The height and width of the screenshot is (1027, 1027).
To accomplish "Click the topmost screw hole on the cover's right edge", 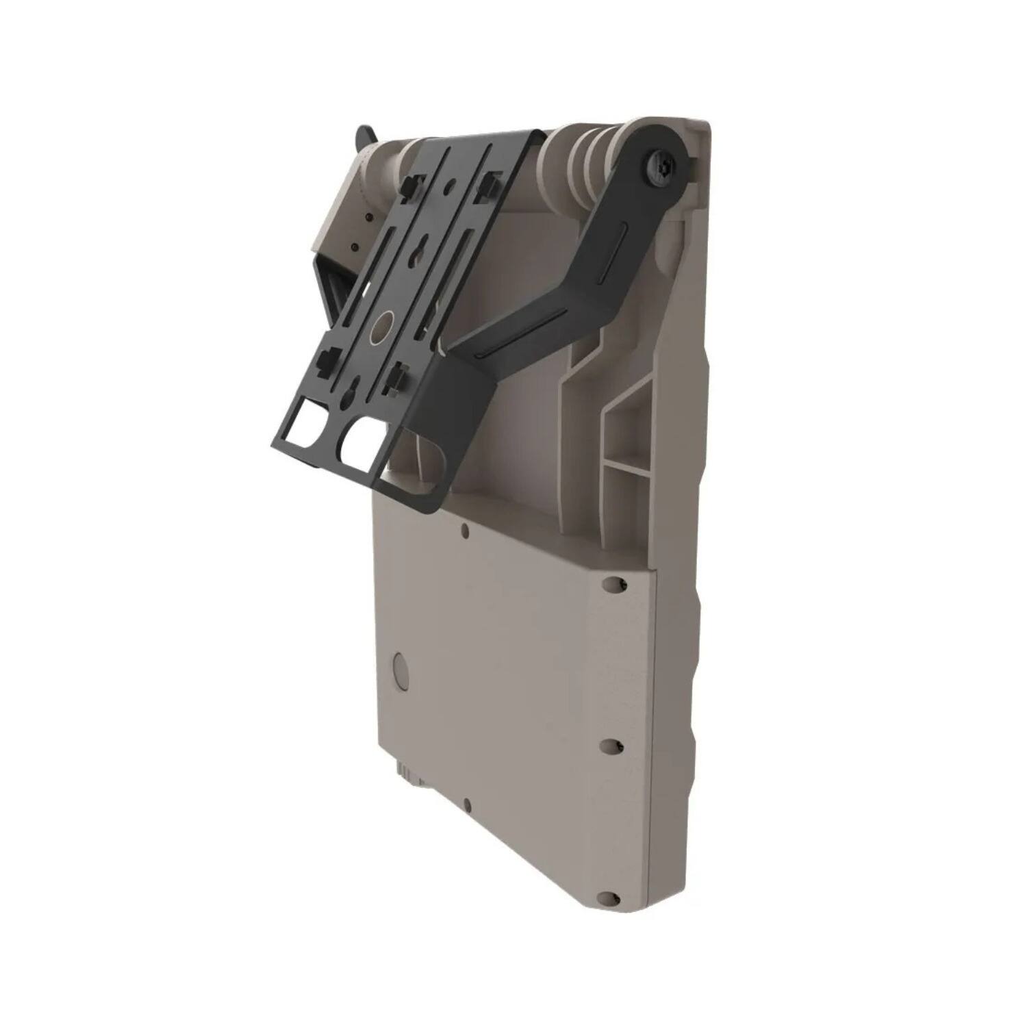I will tap(613, 583).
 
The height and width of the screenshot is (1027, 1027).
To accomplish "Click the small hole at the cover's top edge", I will tap(465, 530).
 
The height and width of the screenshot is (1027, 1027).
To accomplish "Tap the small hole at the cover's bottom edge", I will tap(466, 805).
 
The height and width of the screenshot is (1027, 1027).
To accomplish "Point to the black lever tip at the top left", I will tap(364, 135).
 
